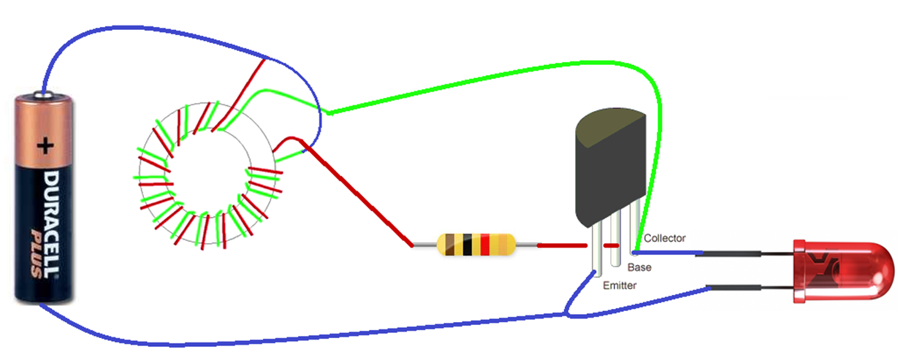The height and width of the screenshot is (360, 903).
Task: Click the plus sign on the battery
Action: click(46, 147)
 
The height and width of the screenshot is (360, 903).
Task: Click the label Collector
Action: click(665, 238)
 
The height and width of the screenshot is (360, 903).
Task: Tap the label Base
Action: click(639, 267)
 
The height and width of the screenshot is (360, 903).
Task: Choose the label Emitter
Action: click(619, 286)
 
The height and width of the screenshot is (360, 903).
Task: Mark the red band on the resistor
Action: click(484, 245)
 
